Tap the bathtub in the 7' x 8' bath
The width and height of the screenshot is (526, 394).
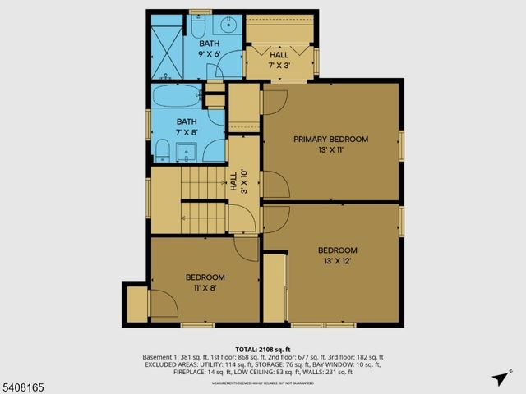(x=176, y=96)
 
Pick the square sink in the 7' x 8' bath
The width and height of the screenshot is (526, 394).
(x=186, y=152)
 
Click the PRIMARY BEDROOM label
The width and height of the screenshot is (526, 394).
(x=331, y=140)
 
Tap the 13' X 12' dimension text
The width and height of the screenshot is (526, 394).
(x=338, y=261)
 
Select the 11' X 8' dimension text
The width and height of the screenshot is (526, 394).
(x=205, y=288)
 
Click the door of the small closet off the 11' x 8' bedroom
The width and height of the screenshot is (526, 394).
(x=165, y=306)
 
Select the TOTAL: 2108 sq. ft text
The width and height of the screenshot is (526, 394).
(x=262, y=350)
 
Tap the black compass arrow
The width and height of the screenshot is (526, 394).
(x=499, y=378)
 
